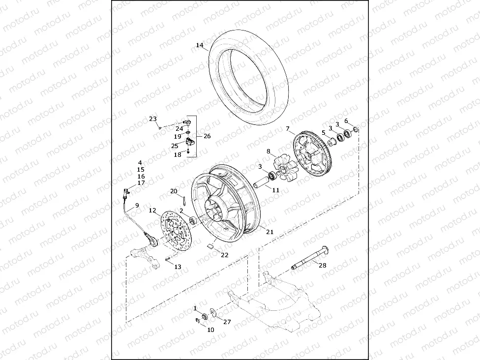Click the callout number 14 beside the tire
point(199,45)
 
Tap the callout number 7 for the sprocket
point(288,129)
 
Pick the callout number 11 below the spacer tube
point(275,190)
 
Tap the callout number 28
point(322,266)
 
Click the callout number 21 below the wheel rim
point(270,232)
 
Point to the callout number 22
point(224,255)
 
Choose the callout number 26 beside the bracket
point(207,136)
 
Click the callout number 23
point(153,119)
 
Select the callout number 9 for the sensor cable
point(137,205)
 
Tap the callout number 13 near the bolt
point(178,267)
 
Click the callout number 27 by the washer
point(227,322)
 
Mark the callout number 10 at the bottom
point(210,330)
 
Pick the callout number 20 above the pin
point(174,191)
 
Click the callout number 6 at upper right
point(346,120)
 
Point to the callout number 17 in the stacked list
point(141,183)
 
